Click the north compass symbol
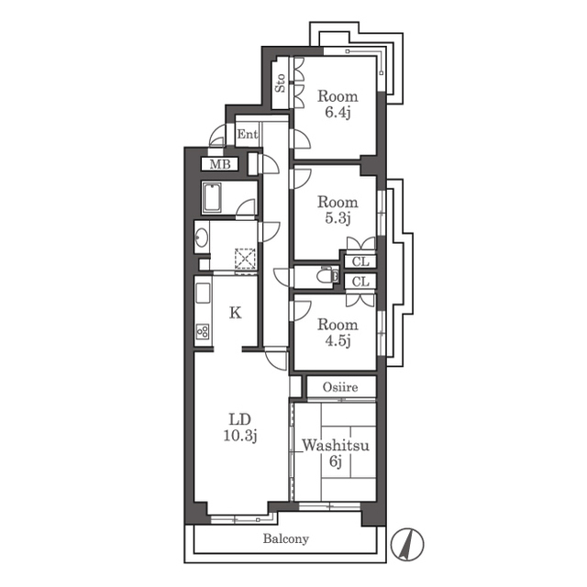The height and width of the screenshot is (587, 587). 407,544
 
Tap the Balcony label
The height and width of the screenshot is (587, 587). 286,539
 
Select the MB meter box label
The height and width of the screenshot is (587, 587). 220,164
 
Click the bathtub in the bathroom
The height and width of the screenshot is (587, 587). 212,197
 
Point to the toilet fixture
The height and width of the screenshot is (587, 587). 327,276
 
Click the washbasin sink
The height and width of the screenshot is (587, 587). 202,237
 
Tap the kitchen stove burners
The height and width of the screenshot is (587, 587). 203,331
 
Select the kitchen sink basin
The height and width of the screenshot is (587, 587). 203,294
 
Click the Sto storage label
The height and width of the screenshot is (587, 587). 281,83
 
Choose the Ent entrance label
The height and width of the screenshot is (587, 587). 248,134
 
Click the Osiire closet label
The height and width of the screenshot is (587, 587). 340,387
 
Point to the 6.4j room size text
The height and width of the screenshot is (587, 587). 338,113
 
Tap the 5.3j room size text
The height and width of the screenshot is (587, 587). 338,218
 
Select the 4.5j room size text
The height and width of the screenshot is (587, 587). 338,340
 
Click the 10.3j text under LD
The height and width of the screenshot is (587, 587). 240,436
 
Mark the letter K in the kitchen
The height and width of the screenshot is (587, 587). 235,312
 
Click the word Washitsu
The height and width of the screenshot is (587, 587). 336,446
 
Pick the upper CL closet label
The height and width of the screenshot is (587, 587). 360,261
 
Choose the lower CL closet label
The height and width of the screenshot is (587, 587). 360,282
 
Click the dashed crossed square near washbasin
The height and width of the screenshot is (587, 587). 245,259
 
